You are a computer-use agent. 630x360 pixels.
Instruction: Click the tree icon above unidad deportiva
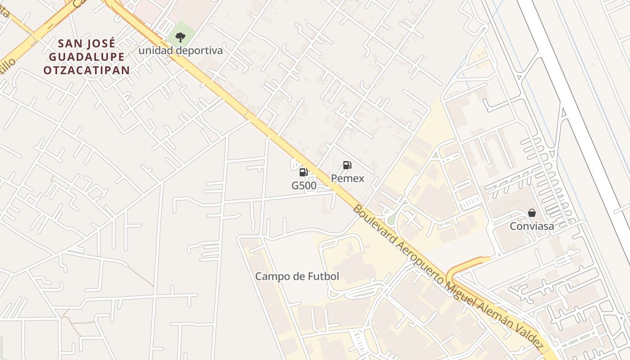tap(180, 37)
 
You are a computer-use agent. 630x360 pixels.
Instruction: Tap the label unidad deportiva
tap(180, 50)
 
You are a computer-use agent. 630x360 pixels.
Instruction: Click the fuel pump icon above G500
tap(303, 172)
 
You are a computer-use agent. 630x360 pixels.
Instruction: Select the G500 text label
tap(304, 185)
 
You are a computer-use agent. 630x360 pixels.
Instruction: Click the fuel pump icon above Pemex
tap(347, 165)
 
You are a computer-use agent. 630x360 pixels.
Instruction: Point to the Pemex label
tap(347, 179)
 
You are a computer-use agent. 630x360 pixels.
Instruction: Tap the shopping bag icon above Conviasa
tap(532, 213)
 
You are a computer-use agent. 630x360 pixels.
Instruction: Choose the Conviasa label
tap(532, 226)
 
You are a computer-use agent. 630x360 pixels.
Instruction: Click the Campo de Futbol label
tap(297, 276)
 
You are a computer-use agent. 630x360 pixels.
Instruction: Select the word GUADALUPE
tap(87, 57)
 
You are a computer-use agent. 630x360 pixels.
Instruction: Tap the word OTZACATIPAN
tap(87, 70)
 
